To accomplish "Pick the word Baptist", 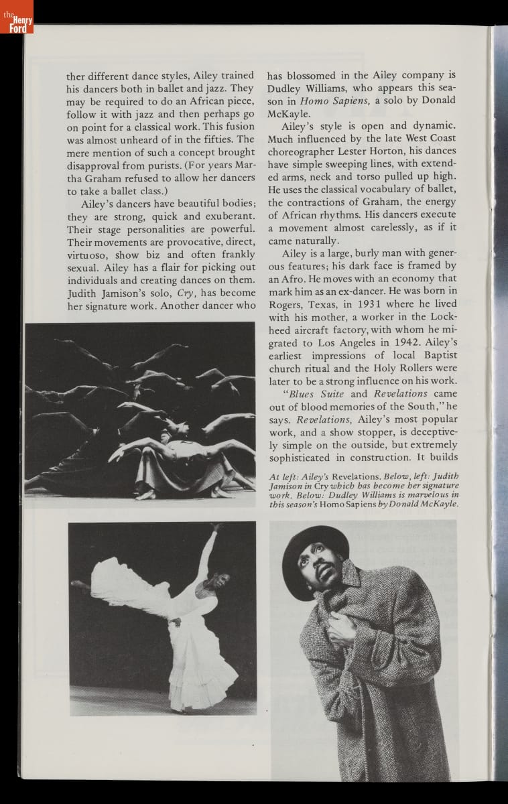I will click(434, 355).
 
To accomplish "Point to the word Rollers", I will click(390, 368).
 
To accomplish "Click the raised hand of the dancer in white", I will click(216, 528).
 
